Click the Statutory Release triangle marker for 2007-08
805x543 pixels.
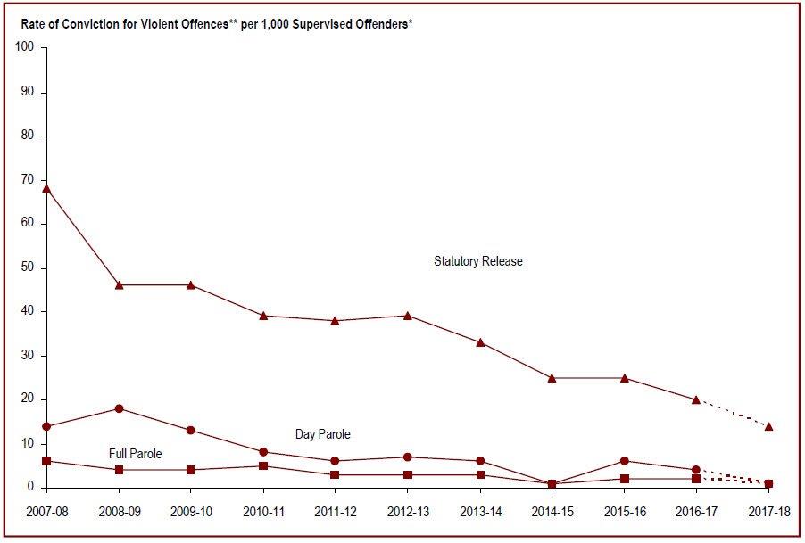coord(46,188)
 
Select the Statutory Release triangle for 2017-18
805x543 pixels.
coord(768,426)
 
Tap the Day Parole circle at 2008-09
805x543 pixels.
coord(119,408)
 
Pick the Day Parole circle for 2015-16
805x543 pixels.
coord(624,461)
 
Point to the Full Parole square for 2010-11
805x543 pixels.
coord(263,465)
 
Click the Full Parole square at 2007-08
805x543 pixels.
coord(46,461)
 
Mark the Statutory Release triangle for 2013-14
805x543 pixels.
coord(480,342)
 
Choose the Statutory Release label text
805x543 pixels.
coord(477,261)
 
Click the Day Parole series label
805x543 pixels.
coord(323,434)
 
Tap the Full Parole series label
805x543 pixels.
coord(136,454)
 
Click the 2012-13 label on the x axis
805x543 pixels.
coord(407,512)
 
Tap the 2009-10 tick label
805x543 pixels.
coord(190,512)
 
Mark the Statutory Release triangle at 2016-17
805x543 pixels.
coord(696,399)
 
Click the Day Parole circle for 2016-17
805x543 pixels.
coord(696,470)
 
